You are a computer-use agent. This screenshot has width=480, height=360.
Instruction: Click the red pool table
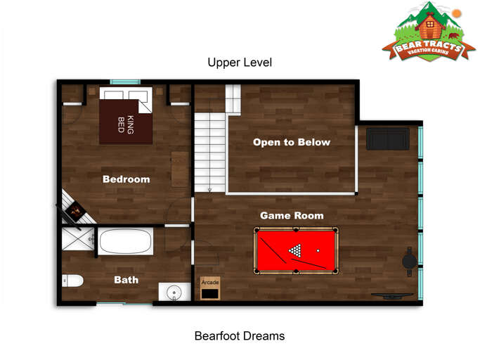(296, 250)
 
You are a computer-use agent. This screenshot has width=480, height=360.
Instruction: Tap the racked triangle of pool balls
(296, 250)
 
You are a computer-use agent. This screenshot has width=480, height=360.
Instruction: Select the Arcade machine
(209, 288)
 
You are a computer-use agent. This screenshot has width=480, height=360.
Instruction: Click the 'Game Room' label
(292, 215)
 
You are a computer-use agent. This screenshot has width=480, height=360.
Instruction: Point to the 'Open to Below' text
(291, 142)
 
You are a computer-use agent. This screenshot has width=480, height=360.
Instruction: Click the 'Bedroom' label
(126, 179)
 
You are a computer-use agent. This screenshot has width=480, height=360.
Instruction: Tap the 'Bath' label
(126, 280)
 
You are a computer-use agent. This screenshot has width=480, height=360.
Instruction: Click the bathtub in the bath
(125, 242)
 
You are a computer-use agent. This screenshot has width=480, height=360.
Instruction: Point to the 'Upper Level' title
(240, 63)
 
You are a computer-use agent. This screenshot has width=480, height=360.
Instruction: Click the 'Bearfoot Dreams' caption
(240, 335)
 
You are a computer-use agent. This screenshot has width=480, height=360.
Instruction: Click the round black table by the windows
(408, 261)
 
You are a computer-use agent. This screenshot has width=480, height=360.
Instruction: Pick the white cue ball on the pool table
(318, 250)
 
